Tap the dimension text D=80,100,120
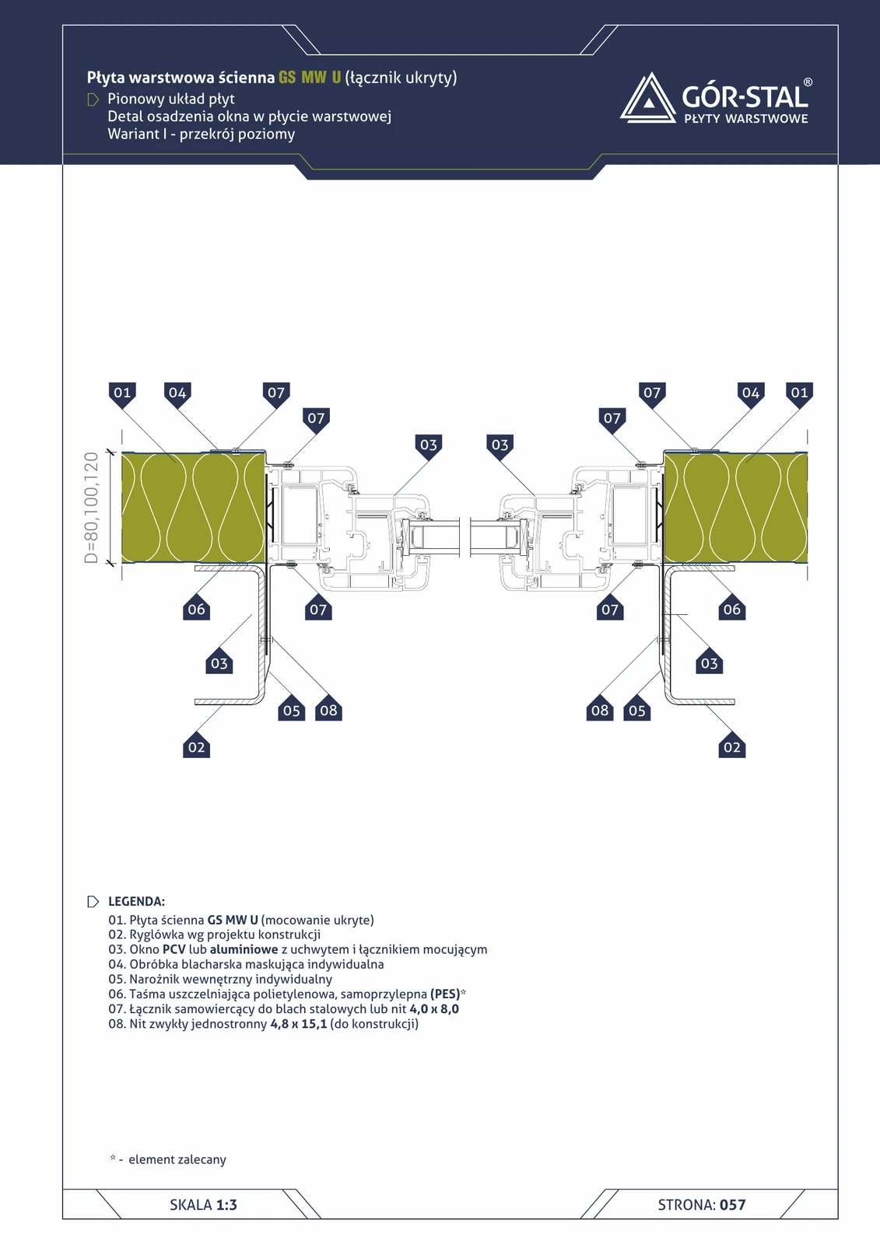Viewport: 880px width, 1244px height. tap(91, 508)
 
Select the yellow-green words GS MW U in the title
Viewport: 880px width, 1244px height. tap(310, 77)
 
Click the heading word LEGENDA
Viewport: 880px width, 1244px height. tap(136, 901)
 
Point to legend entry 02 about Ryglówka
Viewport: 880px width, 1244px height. tap(214, 935)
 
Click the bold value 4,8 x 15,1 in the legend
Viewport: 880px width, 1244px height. tap(299, 1023)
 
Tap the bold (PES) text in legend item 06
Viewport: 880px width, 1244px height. tap(445, 994)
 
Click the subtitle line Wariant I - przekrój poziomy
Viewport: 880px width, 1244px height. tap(202, 135)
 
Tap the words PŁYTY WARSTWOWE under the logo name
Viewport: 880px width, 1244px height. tap(746, 118)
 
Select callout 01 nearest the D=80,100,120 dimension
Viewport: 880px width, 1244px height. tap(122, 393)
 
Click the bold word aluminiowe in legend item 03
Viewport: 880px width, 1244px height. tap(244, 949)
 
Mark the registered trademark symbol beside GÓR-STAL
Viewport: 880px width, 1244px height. tap(808, 82)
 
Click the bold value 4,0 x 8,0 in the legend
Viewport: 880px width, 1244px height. tap(434, 1009)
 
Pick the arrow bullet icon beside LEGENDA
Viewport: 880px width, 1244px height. tap(93, 901)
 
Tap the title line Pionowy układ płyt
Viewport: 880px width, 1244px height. tap(171, 99)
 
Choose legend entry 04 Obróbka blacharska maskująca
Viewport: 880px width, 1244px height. tap(246, 965)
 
